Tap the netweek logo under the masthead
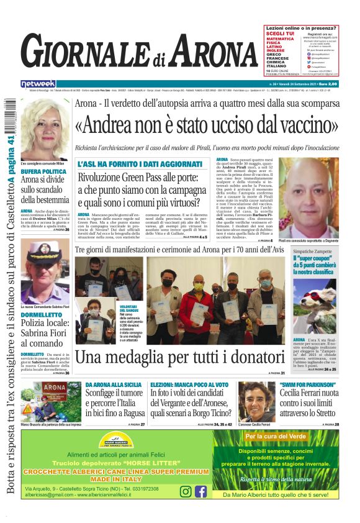(x=38, y=83)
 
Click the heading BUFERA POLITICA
(x=43, y=171)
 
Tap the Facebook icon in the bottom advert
(x=200, y=491)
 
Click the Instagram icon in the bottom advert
(x=185, y=491)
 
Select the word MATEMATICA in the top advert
(x=280, y=39)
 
